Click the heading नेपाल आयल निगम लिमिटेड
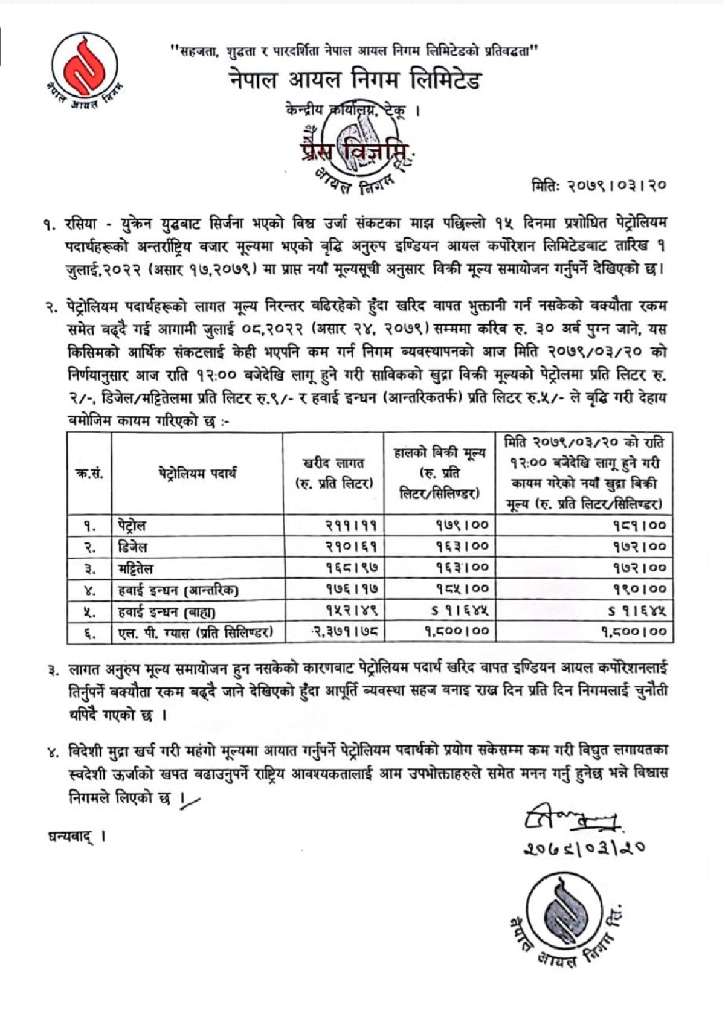tap(355, 80)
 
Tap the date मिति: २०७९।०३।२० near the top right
tap(599, 185)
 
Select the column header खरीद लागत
tap(333, 473)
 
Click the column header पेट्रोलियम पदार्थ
tap(198, 473)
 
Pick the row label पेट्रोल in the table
tap(132, 525)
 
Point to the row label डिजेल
tap(133, 547)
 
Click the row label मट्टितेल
tap(136, 568)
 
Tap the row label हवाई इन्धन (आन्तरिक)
tap(178, 589)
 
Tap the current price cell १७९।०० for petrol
tap(462, 525)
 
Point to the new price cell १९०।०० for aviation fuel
tap(640, 589)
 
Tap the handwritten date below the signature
tap(584, 848)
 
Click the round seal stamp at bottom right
tap(565, 919)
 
